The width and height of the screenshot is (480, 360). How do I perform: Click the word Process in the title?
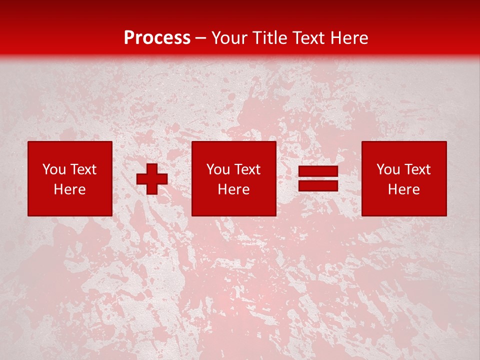[x=157, y=38]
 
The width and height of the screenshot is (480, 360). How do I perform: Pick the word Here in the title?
[x=350, y=38]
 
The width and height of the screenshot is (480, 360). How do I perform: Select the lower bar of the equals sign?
[x=318, y=186]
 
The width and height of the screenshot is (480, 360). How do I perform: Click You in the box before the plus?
[x=53, y=169]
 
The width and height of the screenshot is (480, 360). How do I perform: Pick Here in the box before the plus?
[x=69, y=189]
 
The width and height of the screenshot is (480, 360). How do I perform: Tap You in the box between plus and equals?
[x=217, y=169]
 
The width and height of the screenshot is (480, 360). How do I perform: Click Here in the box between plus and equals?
[x=233, y=189]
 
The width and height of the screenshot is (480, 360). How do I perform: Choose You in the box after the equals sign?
[x=387, y=169]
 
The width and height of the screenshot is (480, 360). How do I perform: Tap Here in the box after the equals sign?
[x=403, y=189]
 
